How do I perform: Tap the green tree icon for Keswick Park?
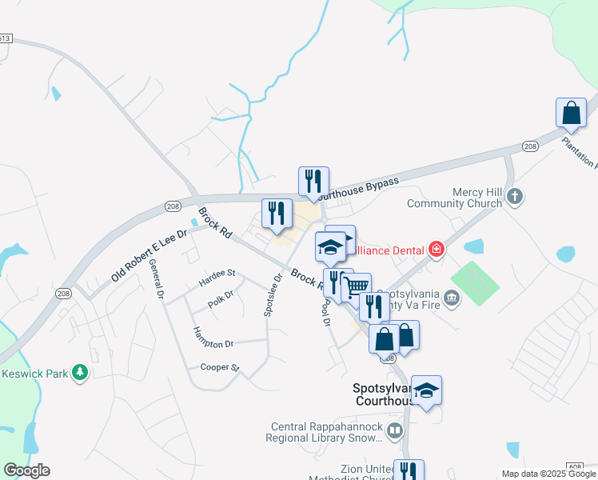(79, 373)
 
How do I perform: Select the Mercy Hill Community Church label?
(452, 198)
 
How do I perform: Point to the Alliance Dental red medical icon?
(436, 249)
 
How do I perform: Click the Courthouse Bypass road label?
(358, 188)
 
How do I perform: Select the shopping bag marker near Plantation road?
(572, 114)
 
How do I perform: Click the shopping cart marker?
(357, 287)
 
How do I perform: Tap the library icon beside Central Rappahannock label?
(394, 432)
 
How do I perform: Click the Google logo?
(26, 470)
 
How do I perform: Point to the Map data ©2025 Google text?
(548, 474)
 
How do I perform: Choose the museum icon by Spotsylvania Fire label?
(452, 299)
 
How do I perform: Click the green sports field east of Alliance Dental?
(475, 282)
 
